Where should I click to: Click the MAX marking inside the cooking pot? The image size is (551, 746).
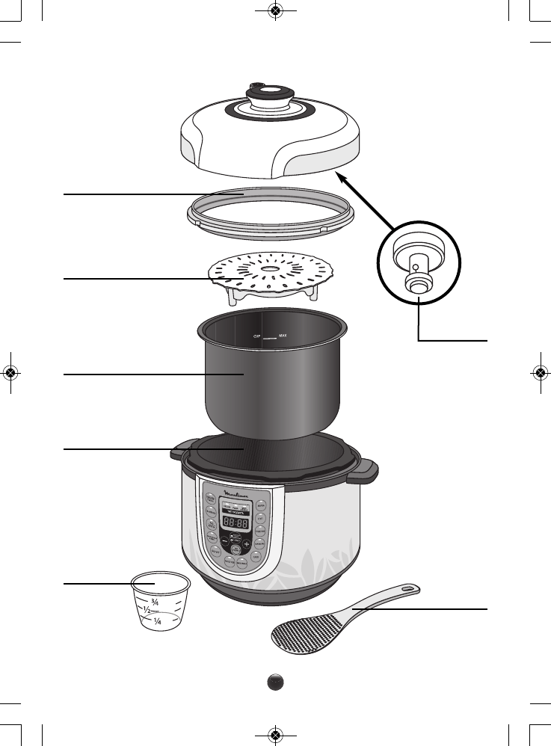click(283, 336)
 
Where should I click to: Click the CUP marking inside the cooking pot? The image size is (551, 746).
click(256, 337)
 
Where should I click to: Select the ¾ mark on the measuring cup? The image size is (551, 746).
click(155, 601)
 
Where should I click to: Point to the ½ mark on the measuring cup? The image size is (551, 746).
click(148, 610)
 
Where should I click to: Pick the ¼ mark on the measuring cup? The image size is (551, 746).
click(158, 620)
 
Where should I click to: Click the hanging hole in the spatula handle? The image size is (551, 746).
click(407, 590)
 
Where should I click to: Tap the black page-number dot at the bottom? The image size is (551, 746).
click(276, 682)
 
